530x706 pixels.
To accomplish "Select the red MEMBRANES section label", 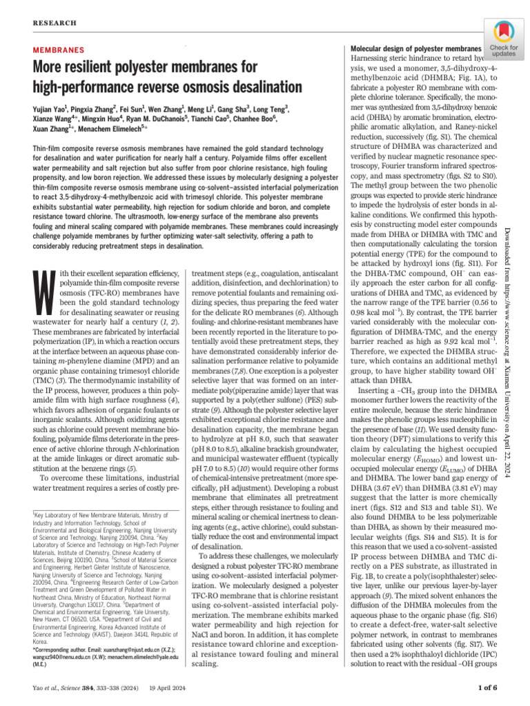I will [59, 50].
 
